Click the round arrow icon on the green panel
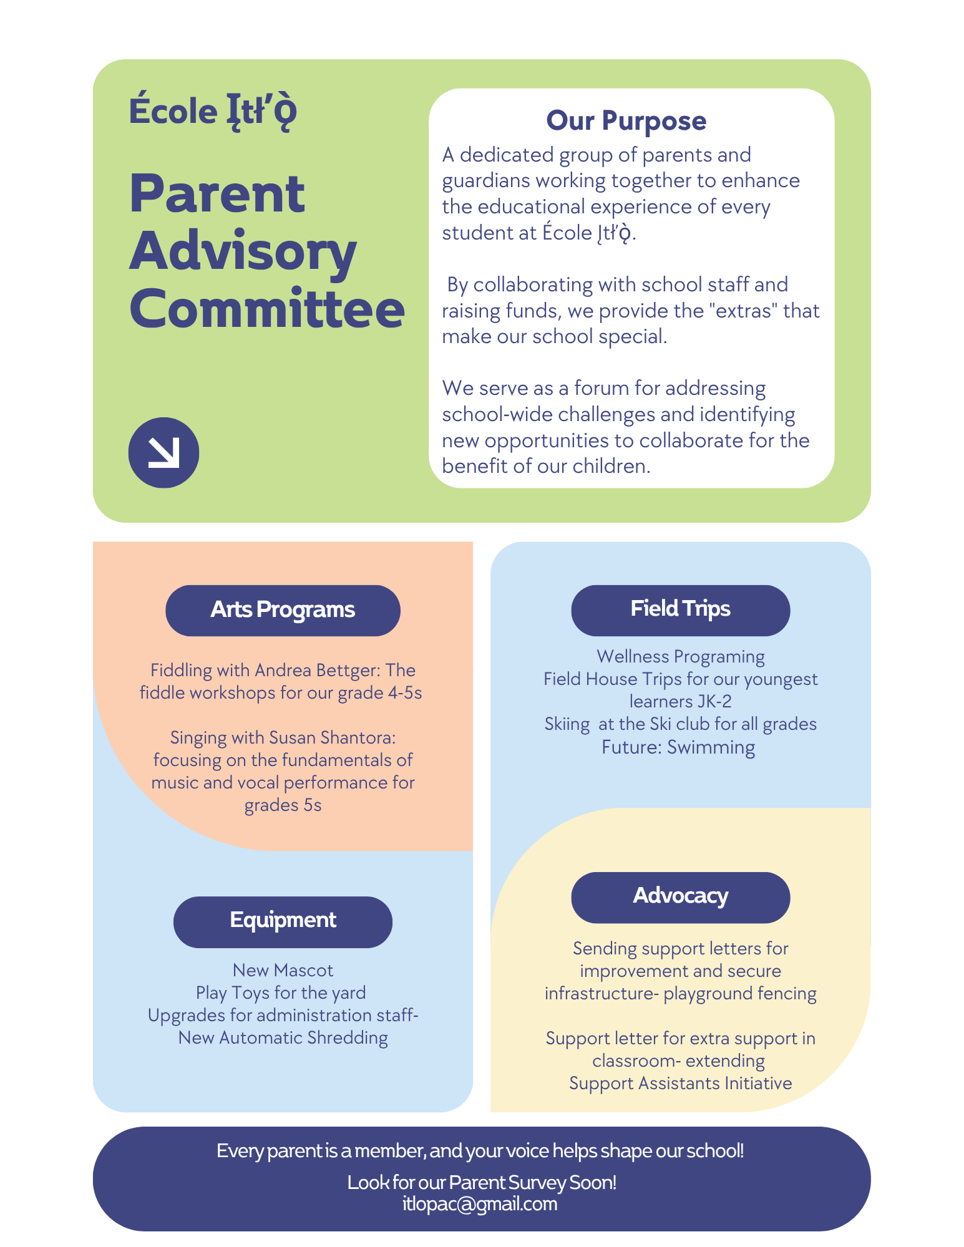pos(163,452)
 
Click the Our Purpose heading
pos(626,120)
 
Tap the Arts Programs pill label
pos(283,610)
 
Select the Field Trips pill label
pos(680,609)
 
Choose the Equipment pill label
pos(283,920)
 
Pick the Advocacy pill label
pos(680,896)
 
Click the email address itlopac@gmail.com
pos(480,1204)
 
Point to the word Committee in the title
pos(267,309)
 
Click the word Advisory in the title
pos(243,251)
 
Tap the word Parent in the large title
pos(217,194)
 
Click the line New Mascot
pos(283,971)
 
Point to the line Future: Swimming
pos(678,747)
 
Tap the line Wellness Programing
pos(680,657)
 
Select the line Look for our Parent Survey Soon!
pos(482,1182)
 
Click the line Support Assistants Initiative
pos(680,1084)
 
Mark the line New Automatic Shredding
pos(283,1038)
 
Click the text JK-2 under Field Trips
pos(714,702)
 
